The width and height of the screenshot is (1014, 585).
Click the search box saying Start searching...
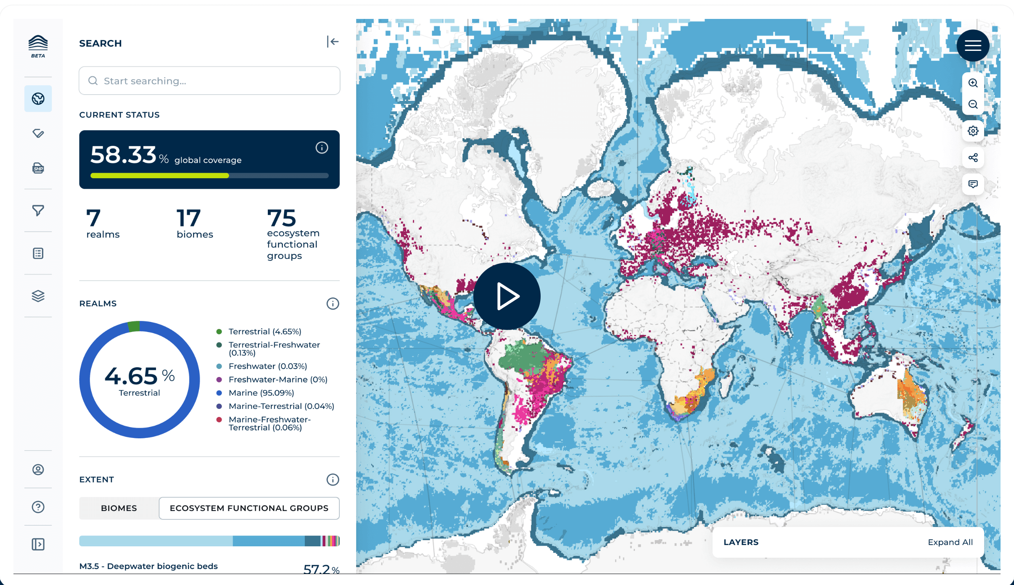click(209, 81)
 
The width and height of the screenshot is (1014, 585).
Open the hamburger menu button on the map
click(973, 45)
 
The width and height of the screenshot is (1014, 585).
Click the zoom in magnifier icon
click(973, 83)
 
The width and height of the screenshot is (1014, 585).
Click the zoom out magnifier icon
click(973, 104)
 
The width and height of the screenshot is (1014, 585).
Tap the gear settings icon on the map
click(973, 131)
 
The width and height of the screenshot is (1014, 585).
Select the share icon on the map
click(973, 158)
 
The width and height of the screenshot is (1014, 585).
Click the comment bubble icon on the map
click(973, 184)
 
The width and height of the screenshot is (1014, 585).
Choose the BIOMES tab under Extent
click(119, 508)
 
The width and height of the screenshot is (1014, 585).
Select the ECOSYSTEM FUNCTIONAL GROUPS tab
click(249, 508)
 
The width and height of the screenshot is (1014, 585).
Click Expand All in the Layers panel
click(950, 542)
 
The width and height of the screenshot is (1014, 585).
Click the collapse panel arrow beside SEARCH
click(333, 42)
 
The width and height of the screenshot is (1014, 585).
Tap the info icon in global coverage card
click(322, 148)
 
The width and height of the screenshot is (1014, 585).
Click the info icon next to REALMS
click(333, 303)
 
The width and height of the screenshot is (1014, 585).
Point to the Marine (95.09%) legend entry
click(261, 393)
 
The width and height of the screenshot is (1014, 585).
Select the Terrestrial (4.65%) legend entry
click(264, 332)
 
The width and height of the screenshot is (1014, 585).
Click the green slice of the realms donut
click(134, 327)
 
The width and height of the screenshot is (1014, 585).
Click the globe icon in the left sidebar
click(38, 99)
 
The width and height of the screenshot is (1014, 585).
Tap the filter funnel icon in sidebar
click(38, 210)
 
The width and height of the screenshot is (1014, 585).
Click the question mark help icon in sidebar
click(38, 507)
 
